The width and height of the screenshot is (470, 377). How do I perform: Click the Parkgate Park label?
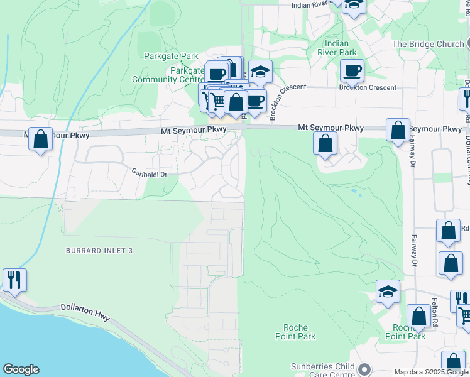[171, 57]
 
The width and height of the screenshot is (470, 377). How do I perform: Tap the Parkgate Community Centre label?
[168, 75]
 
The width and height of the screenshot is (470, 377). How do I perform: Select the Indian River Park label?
[341, 48]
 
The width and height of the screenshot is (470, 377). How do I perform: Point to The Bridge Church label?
[428, 45]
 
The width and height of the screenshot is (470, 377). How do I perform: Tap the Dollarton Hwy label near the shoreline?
[85, 311]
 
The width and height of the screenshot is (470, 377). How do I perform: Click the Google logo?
[21, 369]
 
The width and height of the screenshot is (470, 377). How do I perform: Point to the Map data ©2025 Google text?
[431, 372]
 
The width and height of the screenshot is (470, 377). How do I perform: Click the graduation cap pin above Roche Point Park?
[388, 292]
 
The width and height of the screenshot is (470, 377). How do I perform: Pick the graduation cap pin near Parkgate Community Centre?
[260, 72]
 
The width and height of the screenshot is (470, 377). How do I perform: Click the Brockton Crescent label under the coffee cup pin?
[368, 87]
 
